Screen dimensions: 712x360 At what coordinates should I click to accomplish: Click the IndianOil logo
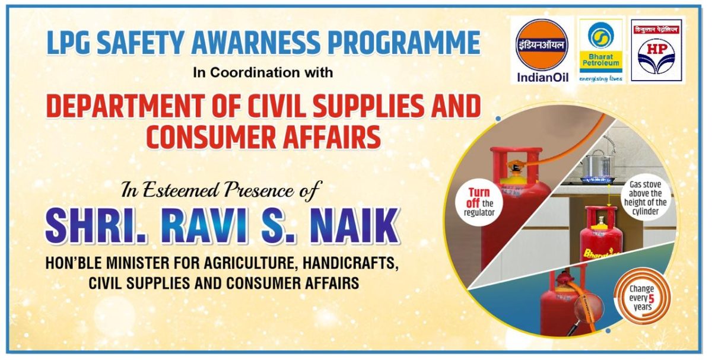(x=542, y=50)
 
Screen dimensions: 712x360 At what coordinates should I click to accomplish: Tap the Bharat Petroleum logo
(x=600, y=50)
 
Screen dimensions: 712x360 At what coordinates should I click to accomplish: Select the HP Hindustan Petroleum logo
(x=657, y=50)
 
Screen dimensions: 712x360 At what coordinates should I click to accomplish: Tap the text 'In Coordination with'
(x=263, y=73)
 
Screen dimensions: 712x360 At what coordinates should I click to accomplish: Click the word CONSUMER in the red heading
(x=211, y=137)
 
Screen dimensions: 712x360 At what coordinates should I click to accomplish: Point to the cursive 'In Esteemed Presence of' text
(x=221, y=190)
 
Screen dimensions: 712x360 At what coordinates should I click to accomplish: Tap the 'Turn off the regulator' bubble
(x=479, y=202)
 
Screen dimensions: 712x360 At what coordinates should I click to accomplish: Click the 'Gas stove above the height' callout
(x=646, y=197)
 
